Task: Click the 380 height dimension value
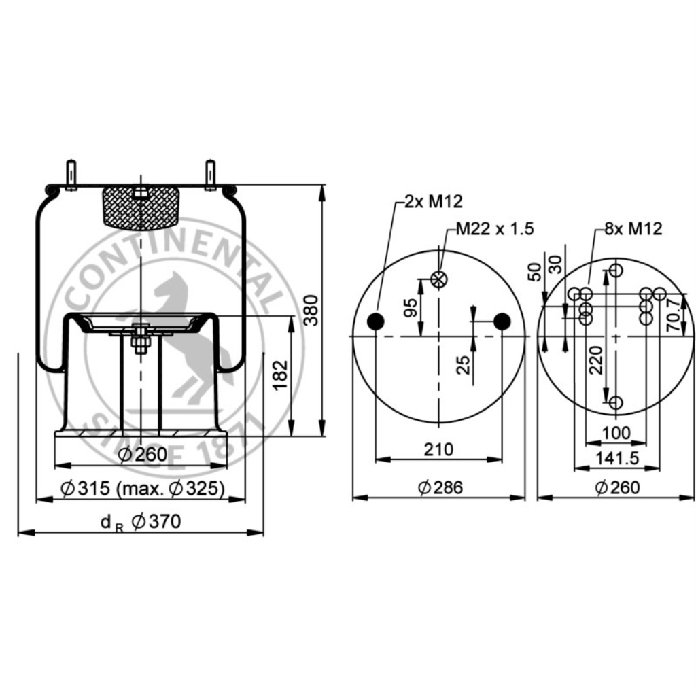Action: (310, 311)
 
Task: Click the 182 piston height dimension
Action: (280, 375)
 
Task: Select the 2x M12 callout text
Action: (434, 201)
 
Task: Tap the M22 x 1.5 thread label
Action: (494, 228)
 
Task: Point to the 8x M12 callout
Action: (633, 228)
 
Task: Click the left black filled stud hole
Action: (375, 321)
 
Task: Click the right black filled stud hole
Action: (502, 321)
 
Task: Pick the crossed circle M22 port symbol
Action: (439, 278)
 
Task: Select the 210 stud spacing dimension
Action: (439, 449)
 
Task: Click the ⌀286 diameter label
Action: (440, 487)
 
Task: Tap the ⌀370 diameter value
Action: (156, 522)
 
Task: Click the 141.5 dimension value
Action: (616, 458)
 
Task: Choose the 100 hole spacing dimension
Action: (616, 433)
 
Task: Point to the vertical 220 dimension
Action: (597, 360)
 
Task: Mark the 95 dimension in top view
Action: (411, 307)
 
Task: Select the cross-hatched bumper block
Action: (140, 207)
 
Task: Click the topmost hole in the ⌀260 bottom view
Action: (616, 271)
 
